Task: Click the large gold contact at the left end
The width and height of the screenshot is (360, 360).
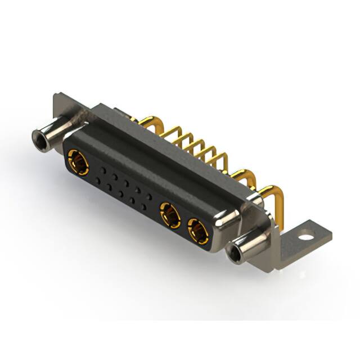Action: pyautogui.click(x=76, y=161)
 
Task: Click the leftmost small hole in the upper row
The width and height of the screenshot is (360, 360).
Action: pyautogui.click(x=103, y=169)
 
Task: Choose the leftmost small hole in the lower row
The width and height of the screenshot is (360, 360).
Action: pyautogui.click(x=99, y=180)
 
